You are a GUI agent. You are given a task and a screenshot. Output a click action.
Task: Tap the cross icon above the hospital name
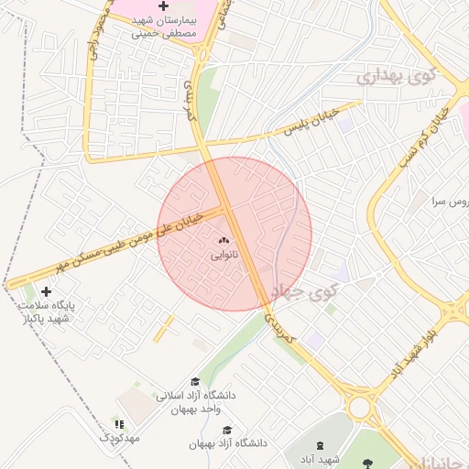tap(164, 6)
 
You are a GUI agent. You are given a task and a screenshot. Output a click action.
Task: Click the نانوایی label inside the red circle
tap(224, 256)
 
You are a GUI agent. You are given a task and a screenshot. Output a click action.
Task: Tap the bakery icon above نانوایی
tap(224, 241)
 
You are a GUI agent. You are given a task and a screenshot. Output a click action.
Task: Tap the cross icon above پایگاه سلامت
tap(47, 291)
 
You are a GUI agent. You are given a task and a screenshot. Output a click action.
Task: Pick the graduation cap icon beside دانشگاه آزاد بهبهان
tap(227, 431)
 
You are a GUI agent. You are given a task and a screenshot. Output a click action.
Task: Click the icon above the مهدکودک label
tap(119, 423)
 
